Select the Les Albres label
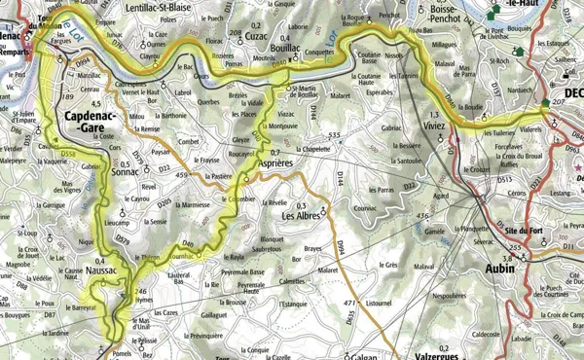click(x=302, y=215)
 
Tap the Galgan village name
click(x=357, y=354)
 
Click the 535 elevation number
click(x=335, y=131)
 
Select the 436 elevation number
click(x=420, y=215)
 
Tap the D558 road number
click(x=67, y=154)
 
